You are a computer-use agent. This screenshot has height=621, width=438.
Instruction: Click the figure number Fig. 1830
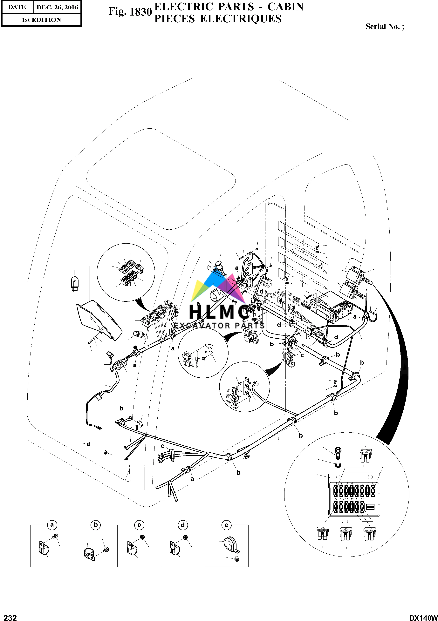130,12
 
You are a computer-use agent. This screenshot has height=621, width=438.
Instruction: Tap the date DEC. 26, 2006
57,8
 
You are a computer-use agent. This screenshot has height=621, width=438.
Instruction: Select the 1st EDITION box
41,20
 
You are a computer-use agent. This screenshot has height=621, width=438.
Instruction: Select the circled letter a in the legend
52,525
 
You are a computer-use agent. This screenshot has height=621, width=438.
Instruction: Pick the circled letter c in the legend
139,525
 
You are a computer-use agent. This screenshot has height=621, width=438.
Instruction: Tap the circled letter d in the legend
183,525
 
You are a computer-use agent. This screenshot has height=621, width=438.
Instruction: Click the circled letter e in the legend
226,525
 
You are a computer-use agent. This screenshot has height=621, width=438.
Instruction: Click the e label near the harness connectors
163,446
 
